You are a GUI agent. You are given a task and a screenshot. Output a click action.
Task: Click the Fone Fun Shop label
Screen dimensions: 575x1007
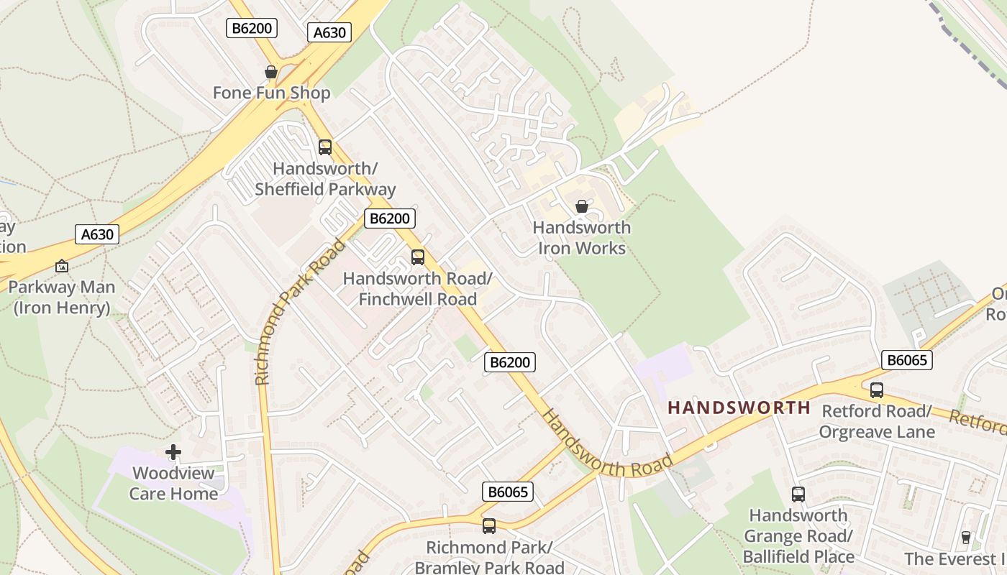point(271,93)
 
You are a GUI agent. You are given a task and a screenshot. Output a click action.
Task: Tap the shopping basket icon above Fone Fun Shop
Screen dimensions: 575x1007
point(271,72)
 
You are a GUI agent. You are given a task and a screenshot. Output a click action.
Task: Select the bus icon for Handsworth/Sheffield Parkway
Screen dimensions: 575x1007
point(325,147)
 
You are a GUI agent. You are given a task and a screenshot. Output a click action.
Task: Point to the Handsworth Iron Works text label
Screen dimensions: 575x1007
point(581,238)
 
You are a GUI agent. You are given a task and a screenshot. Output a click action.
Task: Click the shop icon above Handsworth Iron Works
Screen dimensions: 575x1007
point(581,207)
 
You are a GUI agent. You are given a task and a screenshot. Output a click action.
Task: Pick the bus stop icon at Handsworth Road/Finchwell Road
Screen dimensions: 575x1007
point(418,257)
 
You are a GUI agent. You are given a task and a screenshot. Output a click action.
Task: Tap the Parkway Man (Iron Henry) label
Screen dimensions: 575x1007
point(62,298)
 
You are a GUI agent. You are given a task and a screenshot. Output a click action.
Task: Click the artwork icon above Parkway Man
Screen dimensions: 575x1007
point(62,266)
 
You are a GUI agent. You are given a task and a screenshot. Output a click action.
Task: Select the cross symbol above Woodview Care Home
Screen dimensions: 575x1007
point(173,452)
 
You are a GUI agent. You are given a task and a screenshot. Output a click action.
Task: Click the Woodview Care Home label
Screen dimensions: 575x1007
point(173,483)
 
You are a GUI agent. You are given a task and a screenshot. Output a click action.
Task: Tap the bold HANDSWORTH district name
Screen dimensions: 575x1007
point(739,408)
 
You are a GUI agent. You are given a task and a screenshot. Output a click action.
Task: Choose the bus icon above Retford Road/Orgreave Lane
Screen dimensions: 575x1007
point(876,390)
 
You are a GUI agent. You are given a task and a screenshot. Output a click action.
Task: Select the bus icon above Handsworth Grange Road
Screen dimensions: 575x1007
point(798,494)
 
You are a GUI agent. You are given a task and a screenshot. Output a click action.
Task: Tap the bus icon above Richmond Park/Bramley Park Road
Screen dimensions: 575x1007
point(489,526)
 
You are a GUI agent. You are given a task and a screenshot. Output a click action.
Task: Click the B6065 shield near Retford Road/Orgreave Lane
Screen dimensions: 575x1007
point(906,360)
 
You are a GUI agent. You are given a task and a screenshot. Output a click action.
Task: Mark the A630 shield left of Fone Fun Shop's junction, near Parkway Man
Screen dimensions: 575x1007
point(97,234)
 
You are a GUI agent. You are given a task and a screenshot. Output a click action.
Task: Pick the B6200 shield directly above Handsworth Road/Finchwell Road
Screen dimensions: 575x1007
point(389,218)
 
